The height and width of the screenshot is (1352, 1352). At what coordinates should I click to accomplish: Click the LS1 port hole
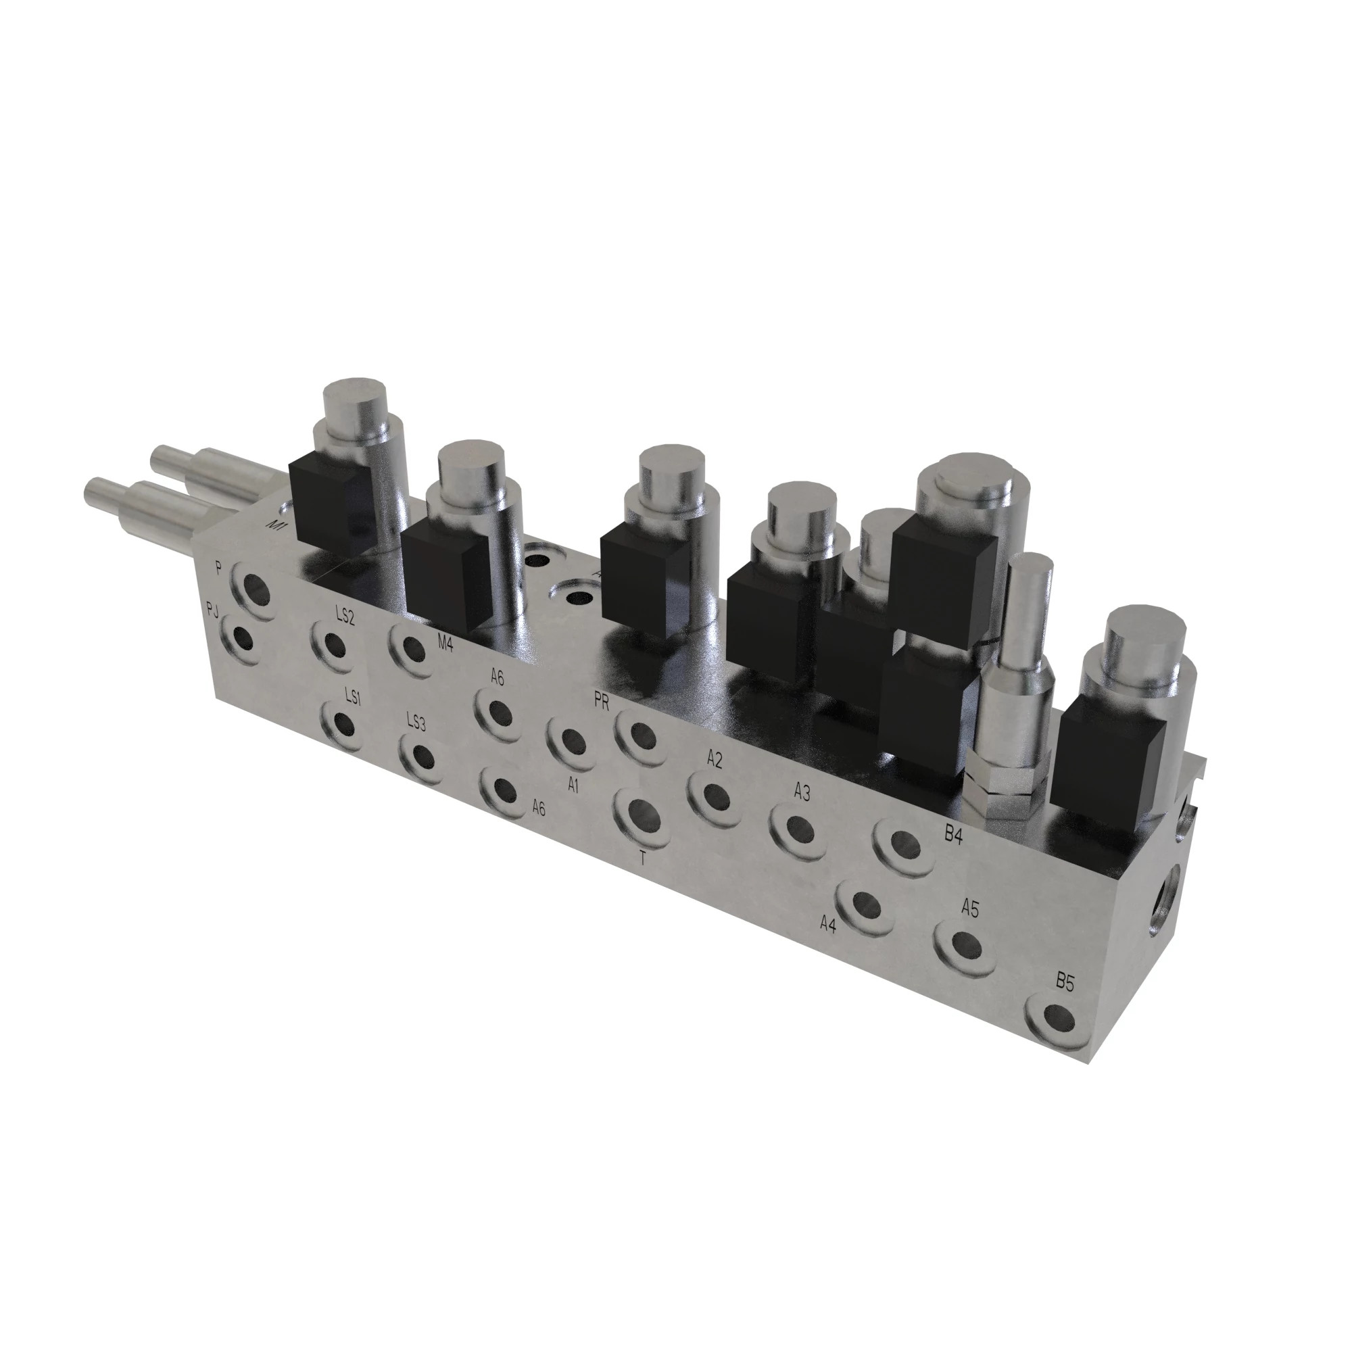pos(342,723)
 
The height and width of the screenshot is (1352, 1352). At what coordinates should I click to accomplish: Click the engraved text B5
pos(1065,982)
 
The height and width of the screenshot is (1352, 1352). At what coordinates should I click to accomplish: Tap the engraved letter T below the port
pos(642,859)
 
